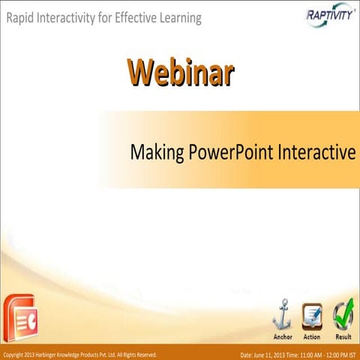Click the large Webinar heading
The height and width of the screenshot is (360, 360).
click(180, 73)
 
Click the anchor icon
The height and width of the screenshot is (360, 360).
click(283, 314)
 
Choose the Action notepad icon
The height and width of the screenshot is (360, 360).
click(312, 316)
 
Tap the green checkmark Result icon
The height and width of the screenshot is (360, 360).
click(343, 314)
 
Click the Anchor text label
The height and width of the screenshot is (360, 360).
click(283, 337)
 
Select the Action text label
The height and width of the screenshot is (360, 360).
click(312, 337)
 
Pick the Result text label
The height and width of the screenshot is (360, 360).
click(343, 337)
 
